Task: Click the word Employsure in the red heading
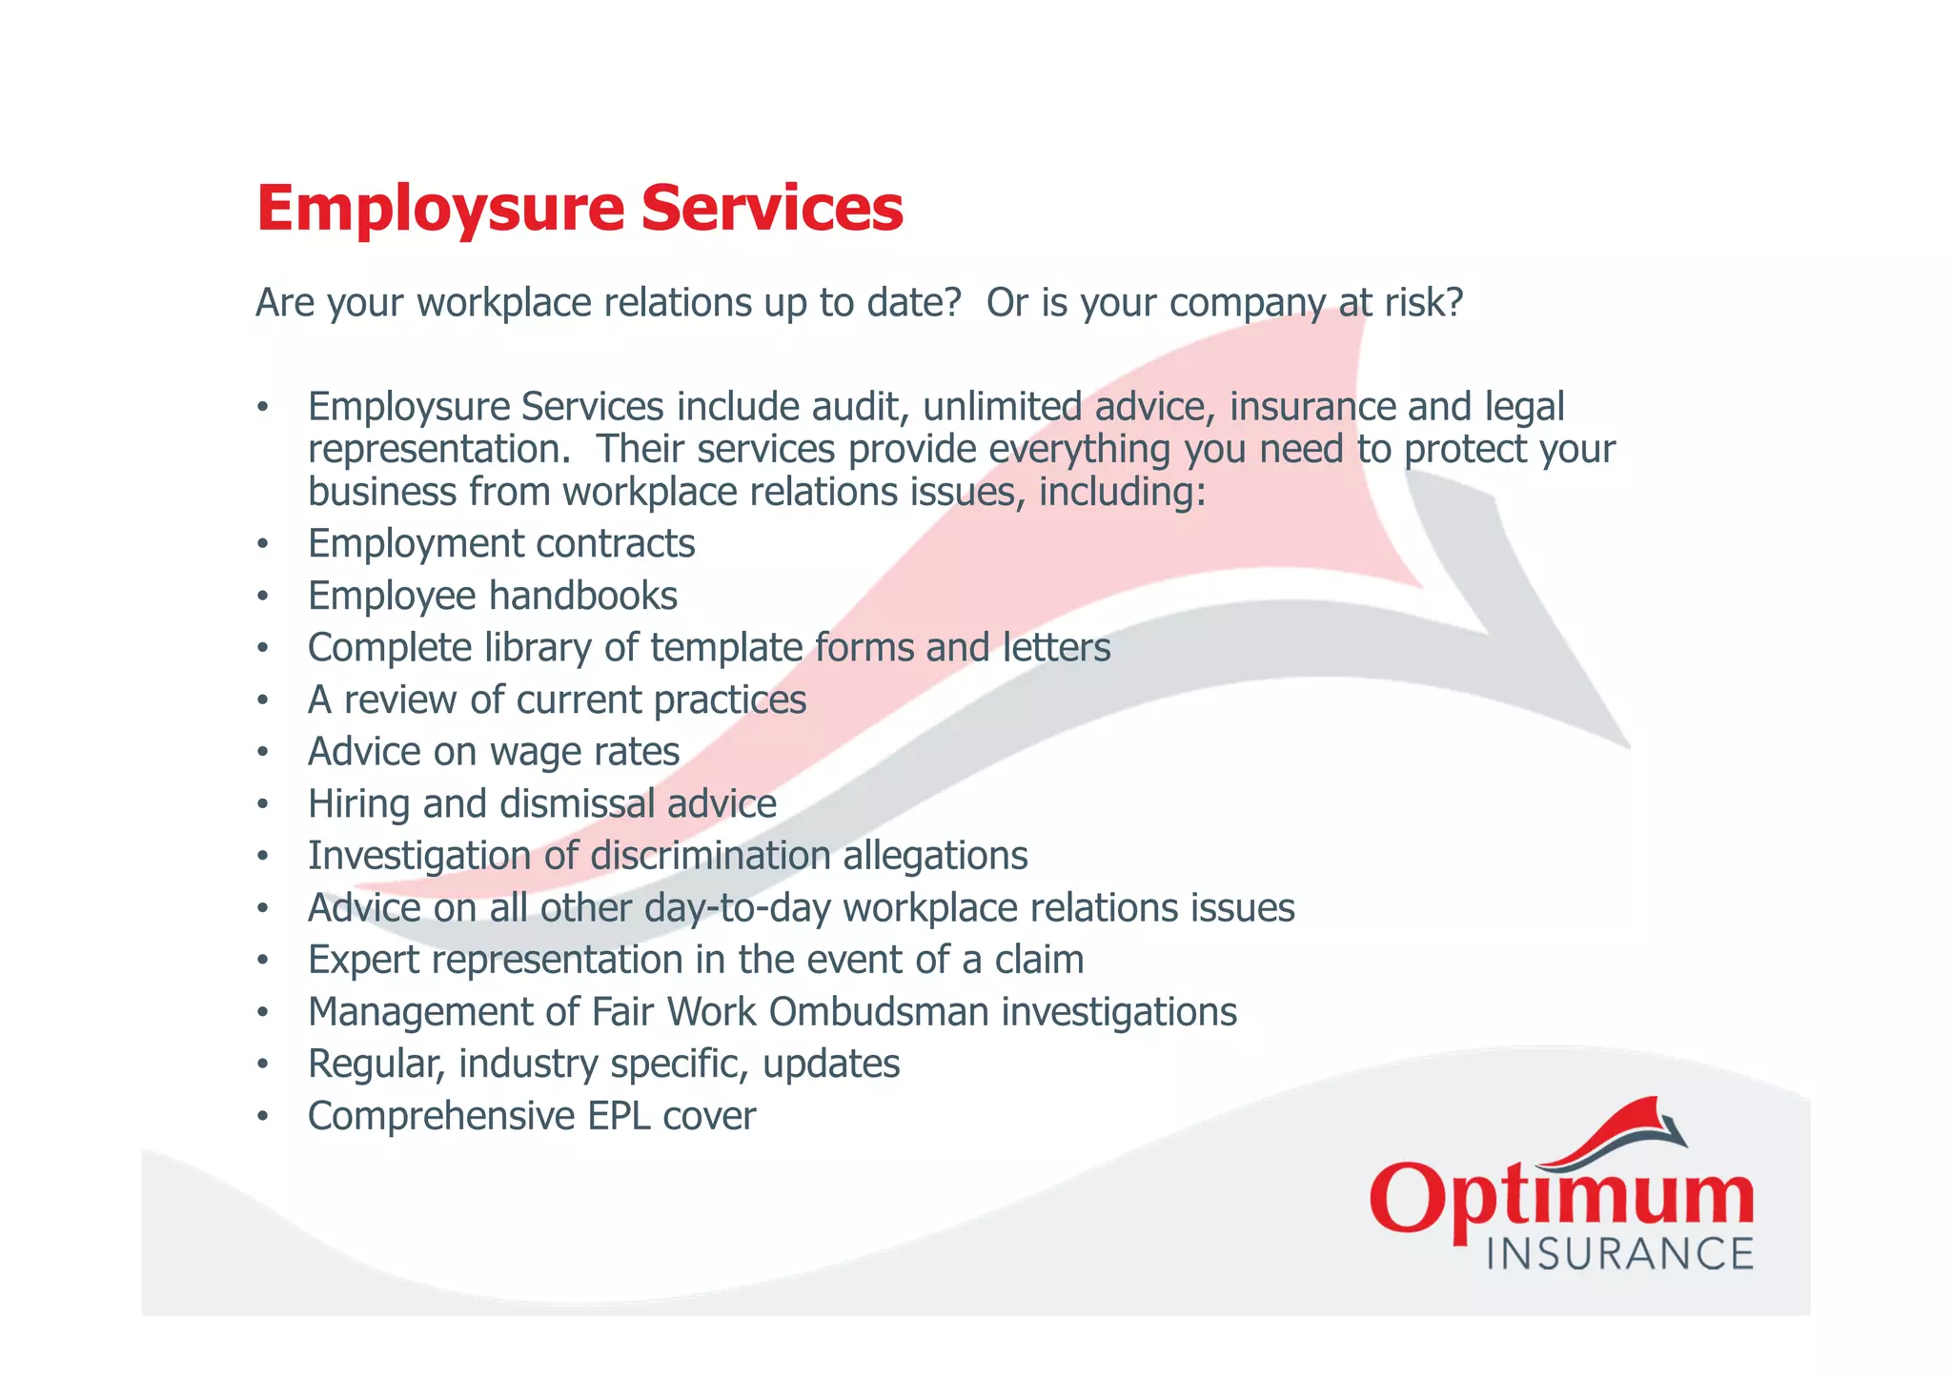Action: click(439, 209)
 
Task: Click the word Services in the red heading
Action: click(772, 209)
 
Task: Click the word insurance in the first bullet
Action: click(1311, 407)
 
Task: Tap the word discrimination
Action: click(710, 856)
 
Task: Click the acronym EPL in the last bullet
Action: click(619, 1116)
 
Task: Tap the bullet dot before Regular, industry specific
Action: click(262, 1065)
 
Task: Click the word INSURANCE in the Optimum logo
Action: click(1619, 1253)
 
